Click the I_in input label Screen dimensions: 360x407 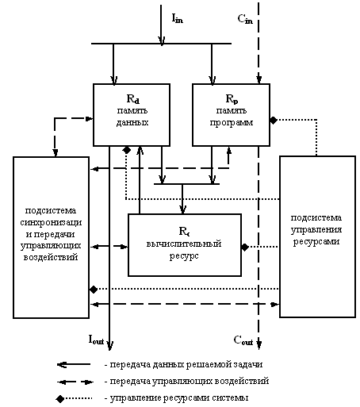178,18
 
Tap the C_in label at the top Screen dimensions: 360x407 245,19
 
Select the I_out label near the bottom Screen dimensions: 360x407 96,340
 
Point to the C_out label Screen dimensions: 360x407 243,340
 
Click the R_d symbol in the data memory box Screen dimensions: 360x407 133,99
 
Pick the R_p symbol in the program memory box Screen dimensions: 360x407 232,99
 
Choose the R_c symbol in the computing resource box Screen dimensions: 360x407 184,231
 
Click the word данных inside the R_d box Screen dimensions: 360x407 132,122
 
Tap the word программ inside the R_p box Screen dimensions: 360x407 232,123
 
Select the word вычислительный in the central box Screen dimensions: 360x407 184,244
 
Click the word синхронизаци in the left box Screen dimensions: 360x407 51,223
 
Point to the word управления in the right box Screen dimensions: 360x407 316,229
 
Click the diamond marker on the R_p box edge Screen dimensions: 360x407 274,121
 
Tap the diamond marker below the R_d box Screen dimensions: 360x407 127,150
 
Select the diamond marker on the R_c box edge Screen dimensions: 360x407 245,248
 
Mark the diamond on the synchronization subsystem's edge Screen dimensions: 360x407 94,290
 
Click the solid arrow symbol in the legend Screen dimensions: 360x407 74,365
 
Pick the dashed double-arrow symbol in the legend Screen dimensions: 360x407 75,382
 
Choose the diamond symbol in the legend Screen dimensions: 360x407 60,398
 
